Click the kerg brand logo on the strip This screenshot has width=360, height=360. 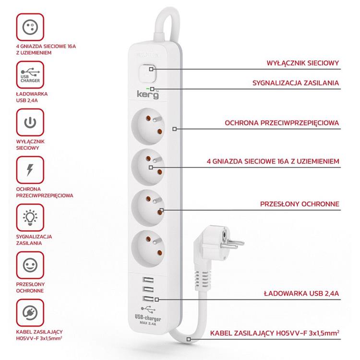pyautogui.click(x=148, y=95)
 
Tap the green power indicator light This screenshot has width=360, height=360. pyautogui.click(x=148, y=89)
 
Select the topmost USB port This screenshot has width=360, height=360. pyautogui.click(x=148, y=280)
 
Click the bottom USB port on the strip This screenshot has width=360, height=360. pyautogui.click(x=148, y=299)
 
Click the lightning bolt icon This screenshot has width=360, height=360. pyautogui.click(x=30, y=170)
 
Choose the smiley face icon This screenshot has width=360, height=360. pyautogui.click(x=30, y=265)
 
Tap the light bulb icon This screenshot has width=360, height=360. pyautogui.click(x=30, y=217)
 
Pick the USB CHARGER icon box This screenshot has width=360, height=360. pyautogui.click(x=30, y=74)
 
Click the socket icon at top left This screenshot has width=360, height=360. pyautogui.click(x=30, y=27)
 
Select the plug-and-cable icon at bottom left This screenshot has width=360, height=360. pyautogui.click(x=30, y=312)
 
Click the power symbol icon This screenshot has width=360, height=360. pyautogui.click(x=30, y=122)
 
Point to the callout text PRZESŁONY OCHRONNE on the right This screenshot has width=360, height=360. pyautogui.click(x=300, y=204)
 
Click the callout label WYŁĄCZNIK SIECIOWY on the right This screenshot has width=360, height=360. pyautogui.click(x=302, y=63)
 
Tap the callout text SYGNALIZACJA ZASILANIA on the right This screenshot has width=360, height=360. pyautogui.click(x=296, y=83)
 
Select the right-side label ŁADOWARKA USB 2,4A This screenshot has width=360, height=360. pyautogui.click(x=301, y=293)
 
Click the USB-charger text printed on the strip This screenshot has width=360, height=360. pyautogui.click(x=148, y=318)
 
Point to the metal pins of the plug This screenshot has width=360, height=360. pyautogui.click(x=232, y=244)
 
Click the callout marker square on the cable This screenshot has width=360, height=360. pyautogui.click(x=189, y=339)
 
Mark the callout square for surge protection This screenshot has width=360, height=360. pyautogui.click(x=175, y=129)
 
